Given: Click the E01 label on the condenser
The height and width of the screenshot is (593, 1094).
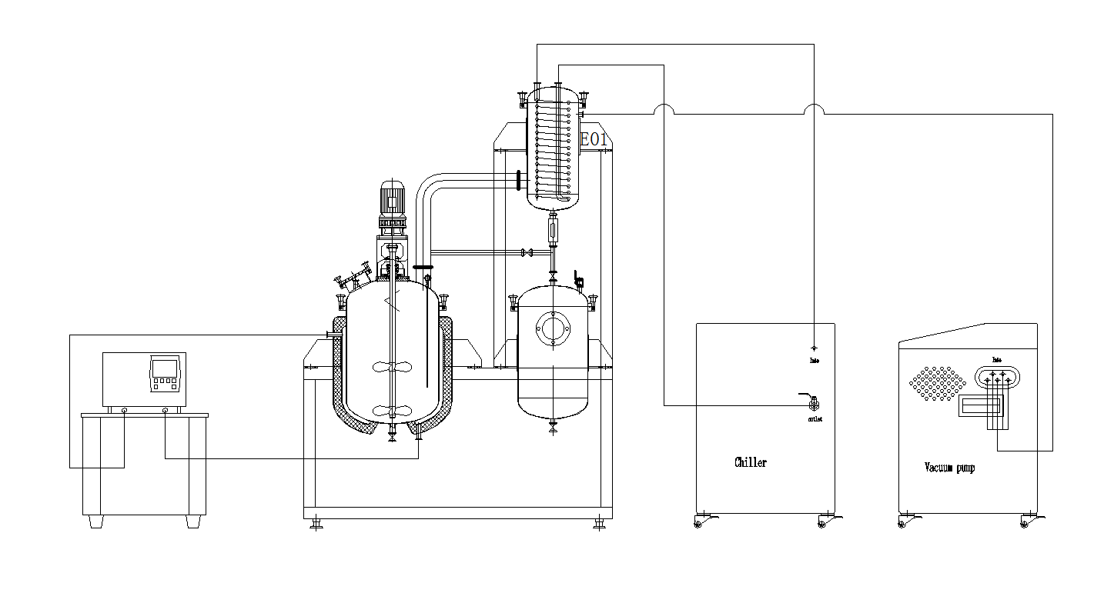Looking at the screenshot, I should click(594, 140).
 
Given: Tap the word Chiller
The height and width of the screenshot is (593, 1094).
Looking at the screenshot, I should click(750, 462).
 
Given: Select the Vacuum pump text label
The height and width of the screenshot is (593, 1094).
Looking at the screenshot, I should click(948, 467).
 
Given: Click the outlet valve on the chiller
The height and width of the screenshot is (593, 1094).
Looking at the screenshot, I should click(813, 401).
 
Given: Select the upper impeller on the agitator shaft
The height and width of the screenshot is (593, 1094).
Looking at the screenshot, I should click(393, 367).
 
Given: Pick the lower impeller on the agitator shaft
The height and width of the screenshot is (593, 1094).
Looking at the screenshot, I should click(393, 410).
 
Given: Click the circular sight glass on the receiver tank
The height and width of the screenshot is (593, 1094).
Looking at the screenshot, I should click(552, 328).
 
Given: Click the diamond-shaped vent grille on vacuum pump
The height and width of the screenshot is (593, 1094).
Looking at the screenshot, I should click(938, 381).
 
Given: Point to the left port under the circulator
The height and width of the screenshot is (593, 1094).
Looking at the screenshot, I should click(125, 411).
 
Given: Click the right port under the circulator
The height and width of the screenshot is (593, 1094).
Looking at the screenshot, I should click(166, 411).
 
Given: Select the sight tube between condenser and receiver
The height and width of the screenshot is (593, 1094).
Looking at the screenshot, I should click(552, 229).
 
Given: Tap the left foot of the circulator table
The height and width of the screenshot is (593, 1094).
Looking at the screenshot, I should click(95, 521).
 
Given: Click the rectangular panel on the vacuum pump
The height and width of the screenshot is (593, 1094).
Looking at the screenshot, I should click(979, 406).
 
